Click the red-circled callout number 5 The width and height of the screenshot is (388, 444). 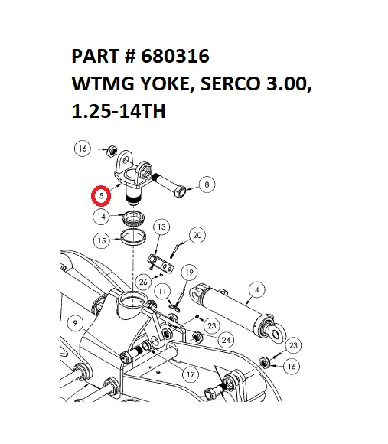tap(101, 196)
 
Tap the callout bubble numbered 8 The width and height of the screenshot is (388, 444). tap(206, 183)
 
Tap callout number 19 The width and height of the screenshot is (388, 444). tap(190, 272)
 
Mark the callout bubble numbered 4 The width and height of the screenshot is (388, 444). tap(256, 289)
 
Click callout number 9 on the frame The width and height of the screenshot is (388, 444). tap(74, 322)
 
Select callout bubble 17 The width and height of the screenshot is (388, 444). tap(191, 374)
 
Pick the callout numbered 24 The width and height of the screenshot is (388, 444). tap(226, 339)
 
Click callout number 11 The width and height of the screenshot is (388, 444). tap(163, 291)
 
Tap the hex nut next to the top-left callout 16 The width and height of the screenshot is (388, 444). tap(109, 149)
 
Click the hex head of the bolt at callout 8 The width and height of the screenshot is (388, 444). tap(181, 190)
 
